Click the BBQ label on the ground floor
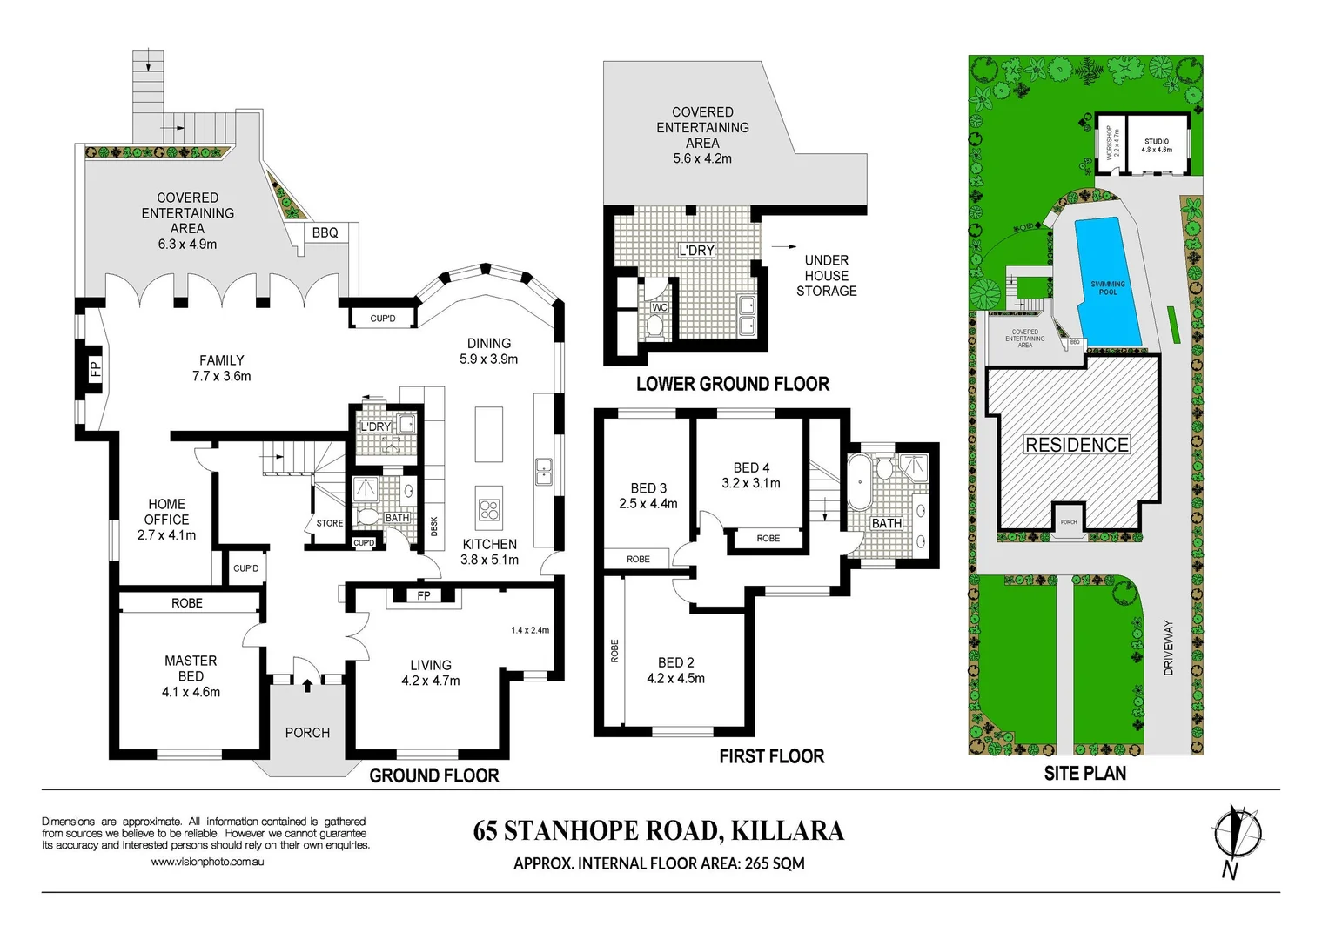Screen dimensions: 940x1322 pyautogui.click(x=325, y=232)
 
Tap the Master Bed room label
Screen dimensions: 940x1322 pyautogui.click(x=191, y=668)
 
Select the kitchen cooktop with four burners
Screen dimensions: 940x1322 pyautogui.click(x=489, y=509)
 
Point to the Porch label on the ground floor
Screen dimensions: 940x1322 pyautogui.click(x=307, y=733)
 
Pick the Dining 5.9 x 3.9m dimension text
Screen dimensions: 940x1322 pyautogui.click(x=488, y=359)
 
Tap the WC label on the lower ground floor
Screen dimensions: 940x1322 pyautogui.click(x=660, y=307)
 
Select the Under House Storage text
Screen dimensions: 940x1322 pyautogui.click(x=826, y=276)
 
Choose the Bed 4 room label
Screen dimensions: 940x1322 pyautogui.click(x=751, y=467)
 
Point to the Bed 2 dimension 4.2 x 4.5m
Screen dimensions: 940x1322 pyautogui.click(x=675, y=679)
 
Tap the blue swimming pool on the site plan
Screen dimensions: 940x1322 pyautogui.click(x=1105, y=283)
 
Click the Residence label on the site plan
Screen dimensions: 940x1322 pyautogui.click(x=1077, y=445)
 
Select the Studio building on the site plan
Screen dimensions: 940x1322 pyautogui.click(x=1157, y=144)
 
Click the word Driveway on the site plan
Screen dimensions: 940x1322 pyautogui.click(x=1168, y=648)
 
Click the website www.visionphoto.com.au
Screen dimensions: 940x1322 pyautogui.click(x=207, y=862)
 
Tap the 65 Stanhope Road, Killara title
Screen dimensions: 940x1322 pyautogui.click(x=658, y=831)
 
